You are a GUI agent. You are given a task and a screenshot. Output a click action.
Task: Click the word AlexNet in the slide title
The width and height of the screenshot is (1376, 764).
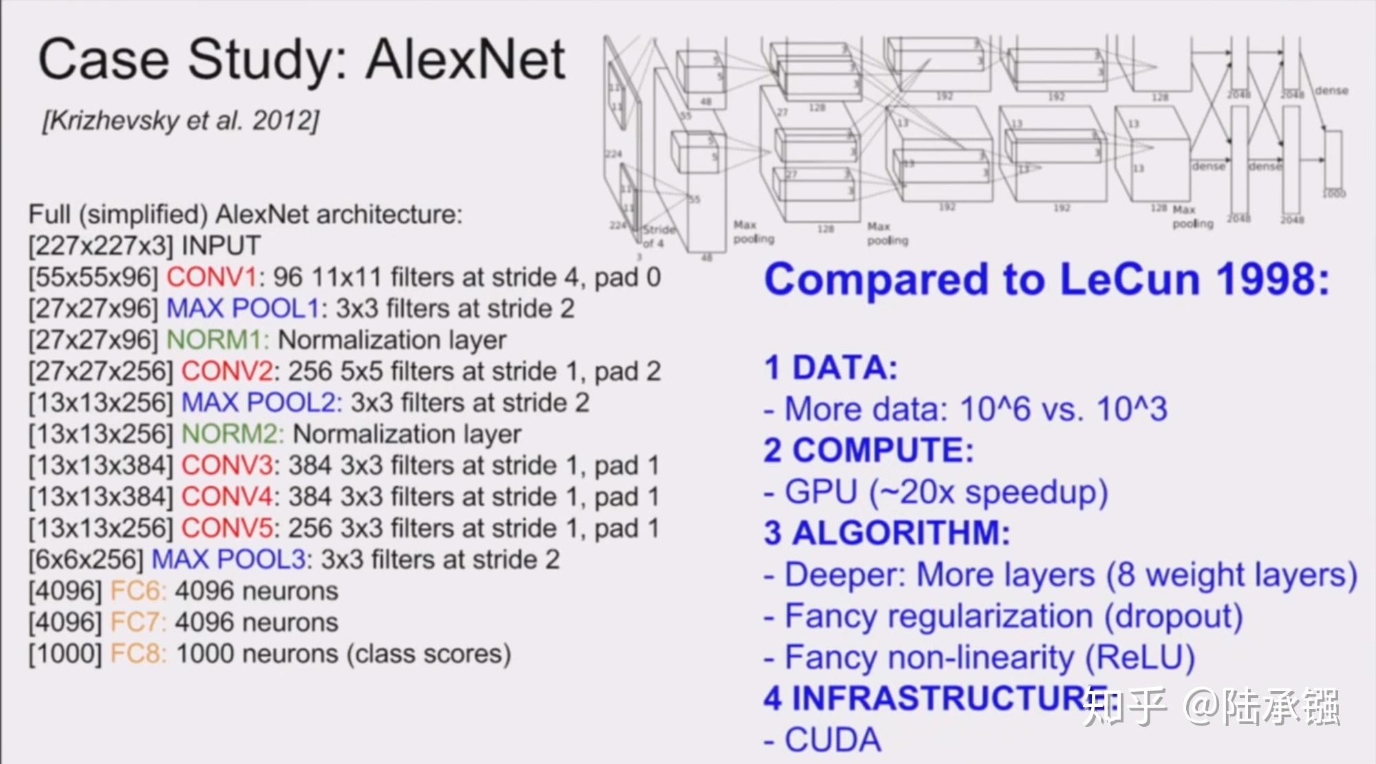click(x=466, y=61)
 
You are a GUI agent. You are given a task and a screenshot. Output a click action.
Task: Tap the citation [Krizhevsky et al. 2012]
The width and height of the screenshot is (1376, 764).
click(x=180, y=121)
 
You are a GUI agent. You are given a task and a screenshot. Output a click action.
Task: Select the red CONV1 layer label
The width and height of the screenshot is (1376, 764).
click(x=211, y=277)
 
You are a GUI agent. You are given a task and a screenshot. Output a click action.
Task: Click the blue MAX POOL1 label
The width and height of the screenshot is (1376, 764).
click(x=243, y=309)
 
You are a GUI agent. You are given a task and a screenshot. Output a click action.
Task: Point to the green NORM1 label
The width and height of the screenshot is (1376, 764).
click(x=218, y=340)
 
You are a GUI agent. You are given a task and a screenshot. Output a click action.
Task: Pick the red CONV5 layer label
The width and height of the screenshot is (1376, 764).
click(x=227, y=528)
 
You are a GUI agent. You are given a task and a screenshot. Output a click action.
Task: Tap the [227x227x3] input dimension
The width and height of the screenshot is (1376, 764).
click(x=100, y=245)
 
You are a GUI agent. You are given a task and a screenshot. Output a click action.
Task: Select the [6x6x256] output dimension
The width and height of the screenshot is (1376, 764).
click(x=86, y=560)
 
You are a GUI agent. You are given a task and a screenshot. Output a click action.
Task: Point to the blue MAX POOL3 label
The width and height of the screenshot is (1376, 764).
click(x=228, y=560)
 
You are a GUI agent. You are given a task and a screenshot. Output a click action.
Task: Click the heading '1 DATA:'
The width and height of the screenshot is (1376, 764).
click(x=831, y=368)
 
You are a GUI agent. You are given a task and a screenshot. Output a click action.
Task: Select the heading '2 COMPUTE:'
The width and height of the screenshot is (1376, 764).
click(x=869, y=450)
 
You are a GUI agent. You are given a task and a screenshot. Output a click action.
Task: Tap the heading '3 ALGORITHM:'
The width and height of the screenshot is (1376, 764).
click(x=887, y=533)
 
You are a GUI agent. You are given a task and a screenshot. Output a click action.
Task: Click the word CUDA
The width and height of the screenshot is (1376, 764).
click(x=832, y=740)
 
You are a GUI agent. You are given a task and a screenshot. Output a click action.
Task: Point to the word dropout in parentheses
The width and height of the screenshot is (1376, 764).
click(x=1173, y=616)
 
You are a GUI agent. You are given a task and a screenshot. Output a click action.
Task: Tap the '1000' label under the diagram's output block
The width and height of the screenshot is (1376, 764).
click(x=1334, y=194)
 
